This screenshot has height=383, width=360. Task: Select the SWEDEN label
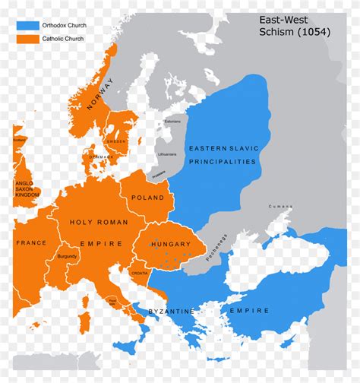click(x=116, y=141)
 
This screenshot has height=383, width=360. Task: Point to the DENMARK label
click(x=101, y=157)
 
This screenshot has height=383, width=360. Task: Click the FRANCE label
click(x=31, y=242)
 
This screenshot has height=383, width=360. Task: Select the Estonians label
click(x=172, y=121)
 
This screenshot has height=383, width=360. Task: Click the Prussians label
click(x=159, y=173)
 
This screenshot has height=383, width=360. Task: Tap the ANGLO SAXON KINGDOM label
click(x=27, y=188)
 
